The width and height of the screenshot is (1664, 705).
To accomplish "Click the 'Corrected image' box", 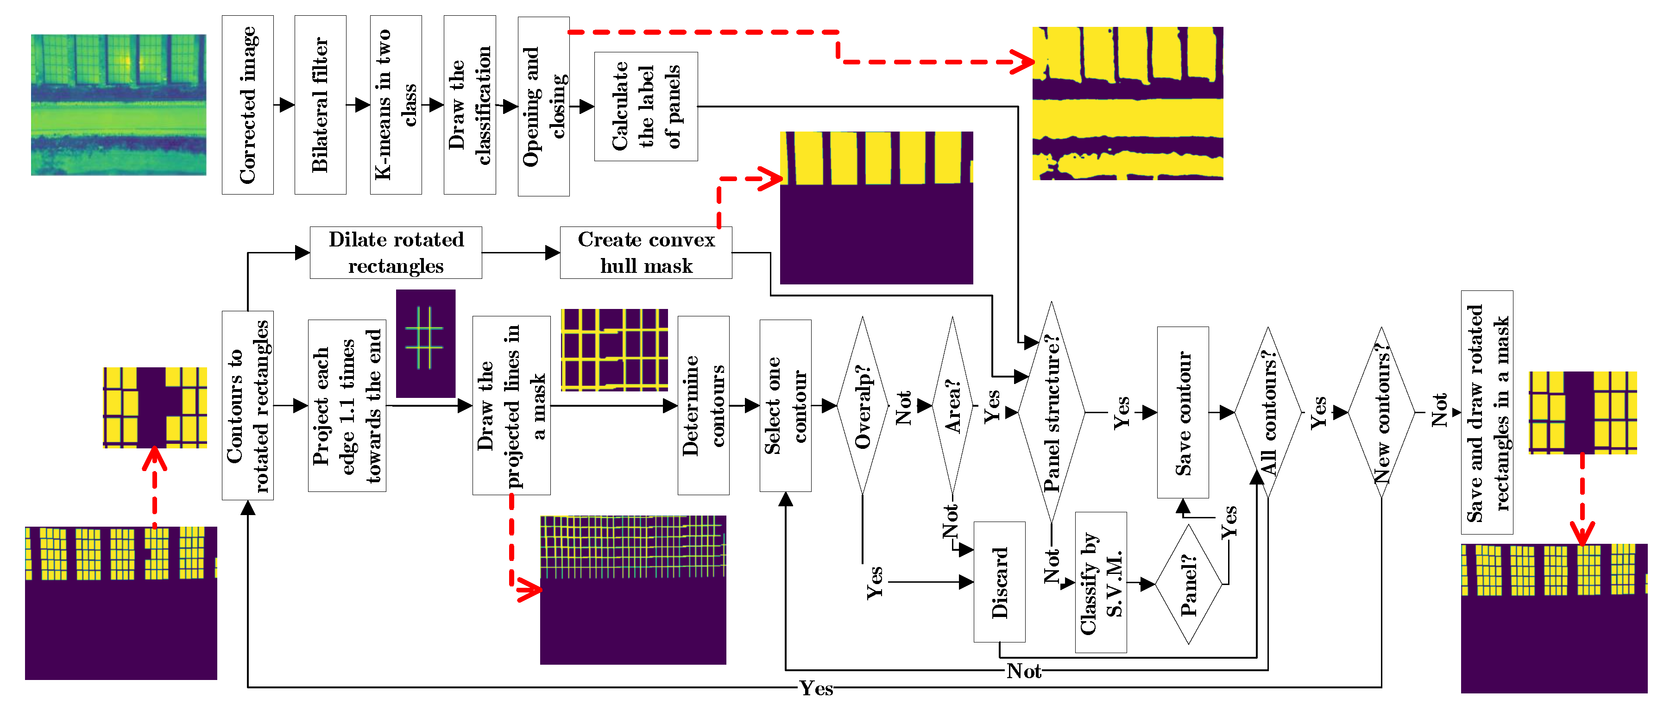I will (x=247, y=105).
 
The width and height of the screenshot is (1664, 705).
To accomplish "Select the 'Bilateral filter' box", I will (x=321, y=105).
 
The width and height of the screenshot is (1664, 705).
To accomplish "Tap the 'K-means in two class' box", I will (x=395, y=105).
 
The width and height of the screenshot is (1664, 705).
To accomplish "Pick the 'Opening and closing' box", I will (x=543, y=107).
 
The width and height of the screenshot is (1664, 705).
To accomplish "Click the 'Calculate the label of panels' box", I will (x=645, y=107).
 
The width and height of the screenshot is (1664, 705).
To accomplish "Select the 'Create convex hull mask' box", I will (x=645, y=252).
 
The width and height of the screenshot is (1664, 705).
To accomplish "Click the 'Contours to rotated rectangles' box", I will (x=247, y=405).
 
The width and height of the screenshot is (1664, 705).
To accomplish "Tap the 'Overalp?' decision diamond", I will (x=863, y=405).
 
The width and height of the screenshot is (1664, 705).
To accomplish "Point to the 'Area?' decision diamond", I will (x=952, y=405).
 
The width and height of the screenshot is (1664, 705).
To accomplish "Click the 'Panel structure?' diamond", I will (x=1051, y=412).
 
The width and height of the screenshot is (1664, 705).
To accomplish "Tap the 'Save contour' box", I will (x=1182, y=412).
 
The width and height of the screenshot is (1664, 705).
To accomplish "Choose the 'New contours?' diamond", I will (x=1380, y=412).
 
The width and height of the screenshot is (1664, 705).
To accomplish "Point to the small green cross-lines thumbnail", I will (x=425, y=343).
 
